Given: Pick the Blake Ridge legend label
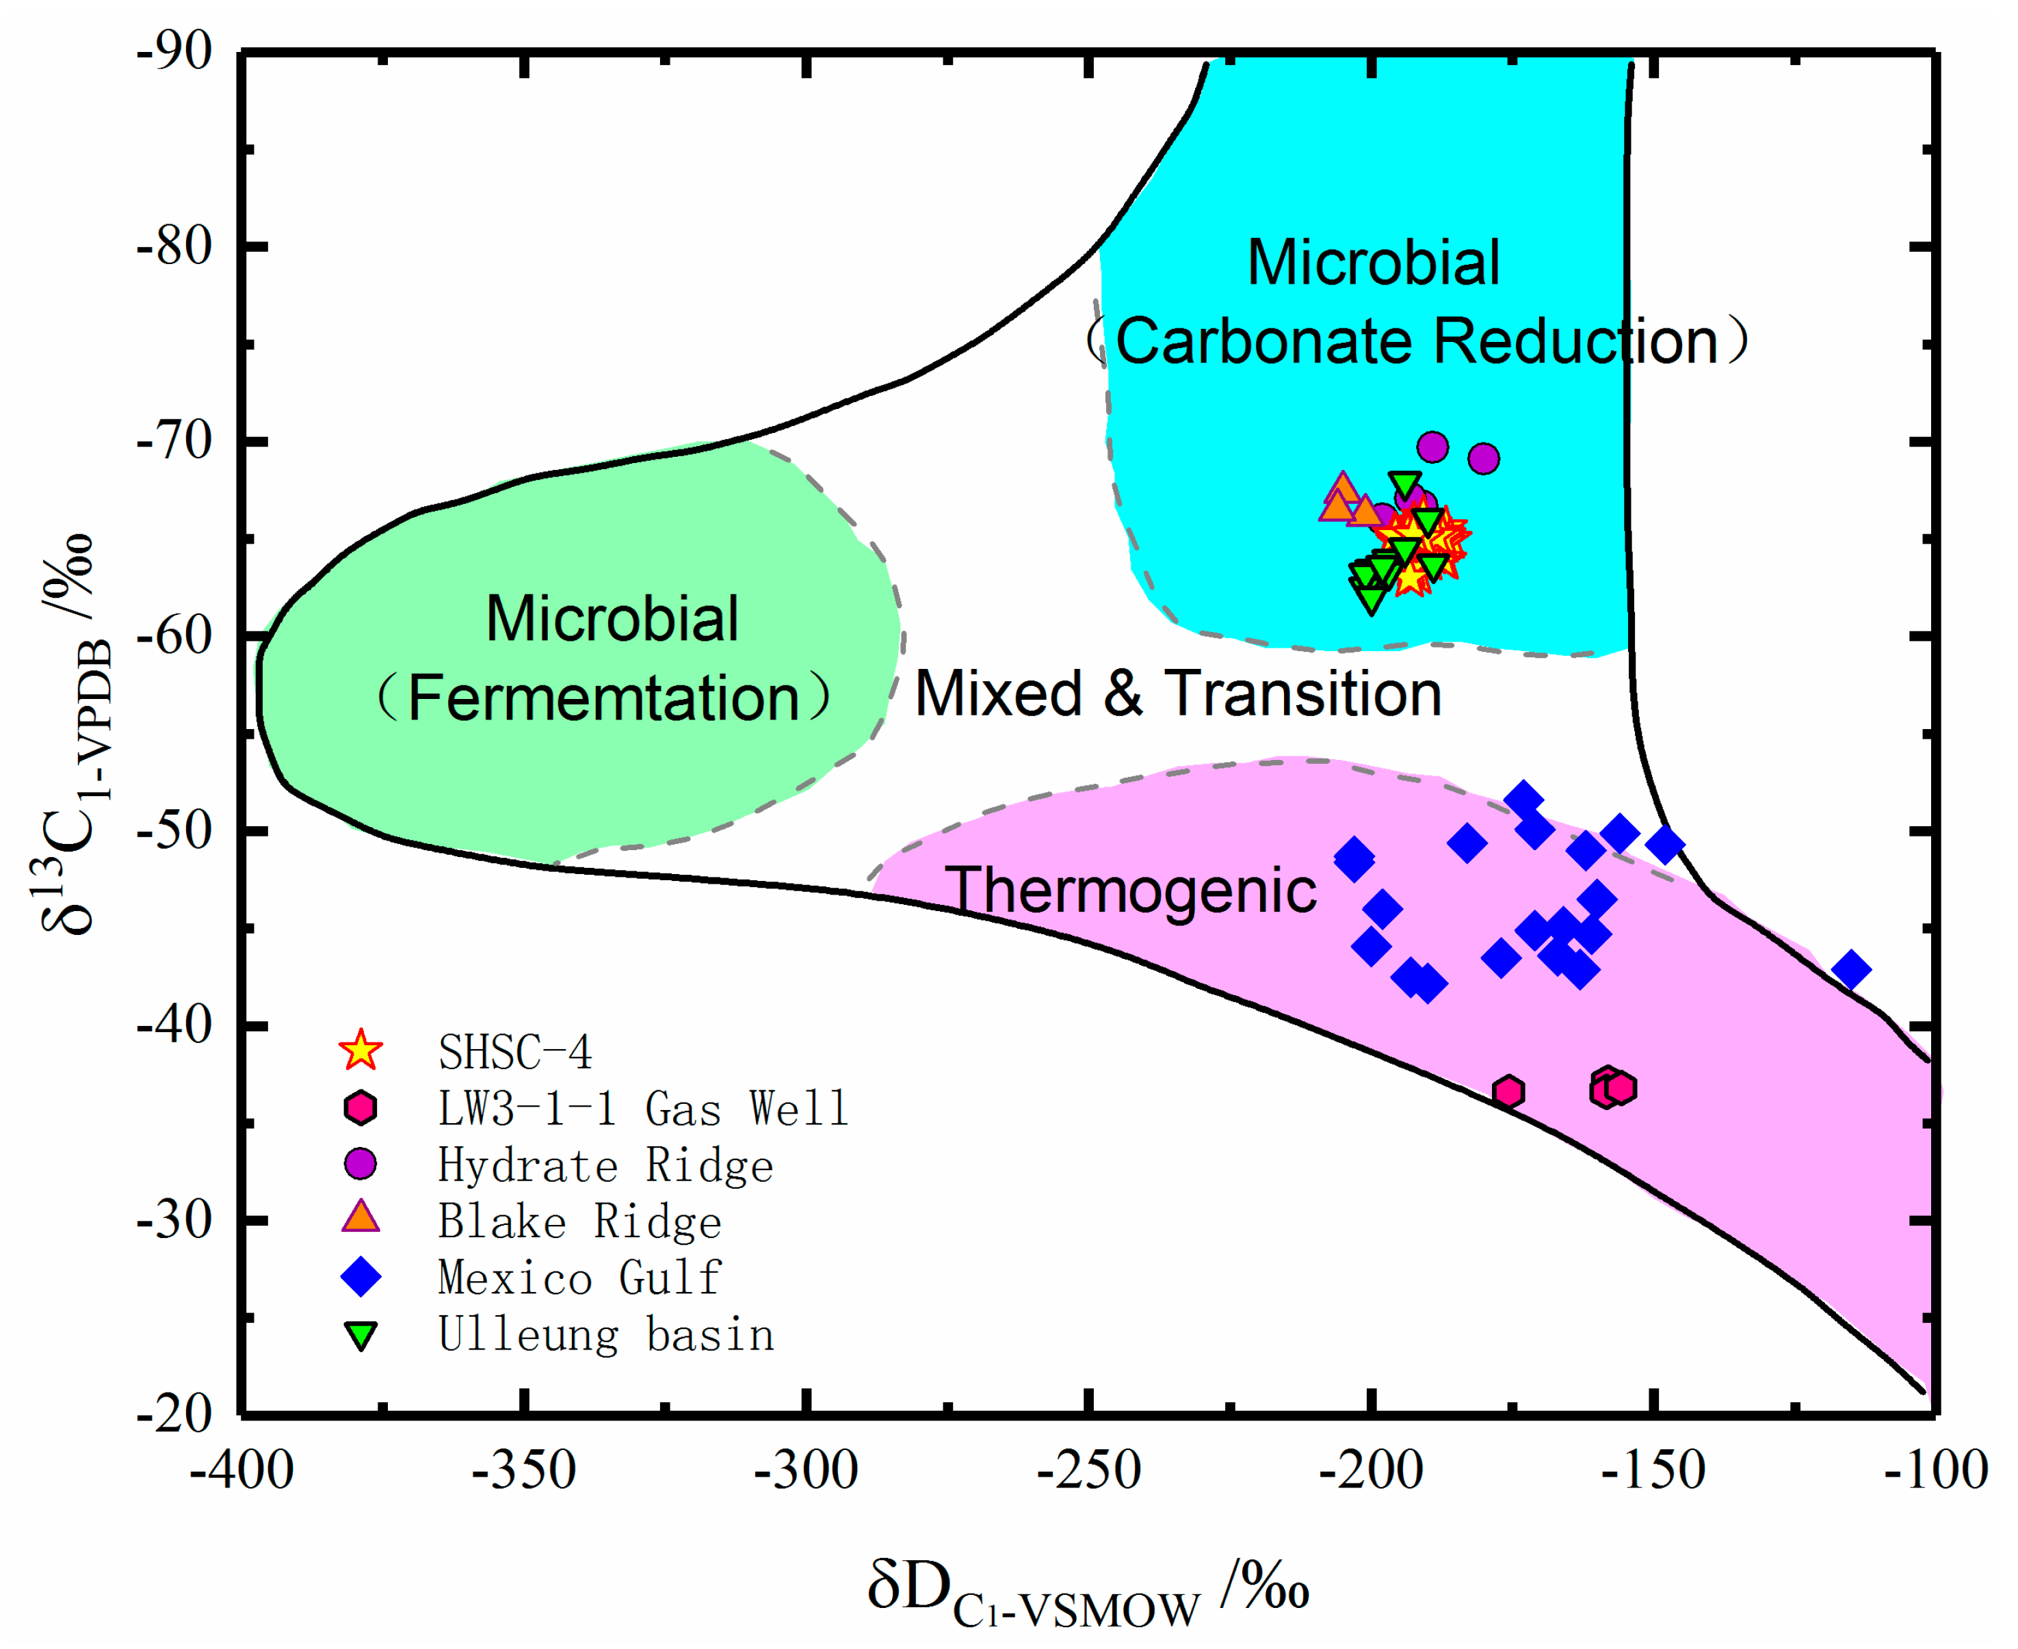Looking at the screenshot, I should (579, 1222).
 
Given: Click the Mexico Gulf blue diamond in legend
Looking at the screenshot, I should (361, 1277).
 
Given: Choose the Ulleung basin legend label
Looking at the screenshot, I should (605, 1334).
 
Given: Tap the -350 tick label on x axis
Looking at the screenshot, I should (525, 1471).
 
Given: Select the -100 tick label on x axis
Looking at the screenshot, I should (1935, 1471).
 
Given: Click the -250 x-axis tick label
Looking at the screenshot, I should (1089, 1471).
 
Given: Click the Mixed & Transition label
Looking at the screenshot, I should (1177, 694).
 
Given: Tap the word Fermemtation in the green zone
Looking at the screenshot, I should (603, 698).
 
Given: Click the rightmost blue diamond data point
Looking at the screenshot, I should (1851, 970).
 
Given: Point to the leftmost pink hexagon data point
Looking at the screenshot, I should (1508, 1092).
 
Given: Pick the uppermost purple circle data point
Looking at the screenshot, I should (1432, 447).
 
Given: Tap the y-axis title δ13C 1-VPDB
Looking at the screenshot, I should (71, 731).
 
